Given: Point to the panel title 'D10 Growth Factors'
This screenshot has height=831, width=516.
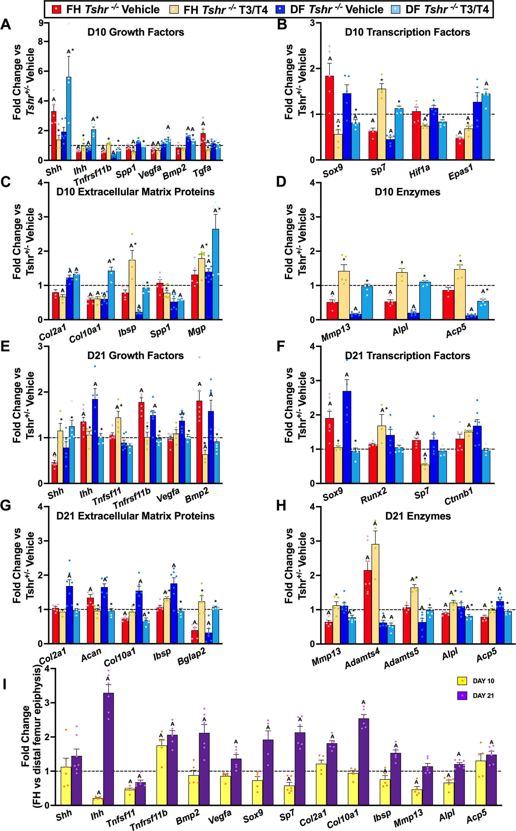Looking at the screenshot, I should click(x=136, y=32).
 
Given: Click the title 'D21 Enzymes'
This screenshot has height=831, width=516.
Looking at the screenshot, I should click(x=418, y=516).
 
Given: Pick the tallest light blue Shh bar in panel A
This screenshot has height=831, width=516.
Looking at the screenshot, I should click(x=69, y=118).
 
